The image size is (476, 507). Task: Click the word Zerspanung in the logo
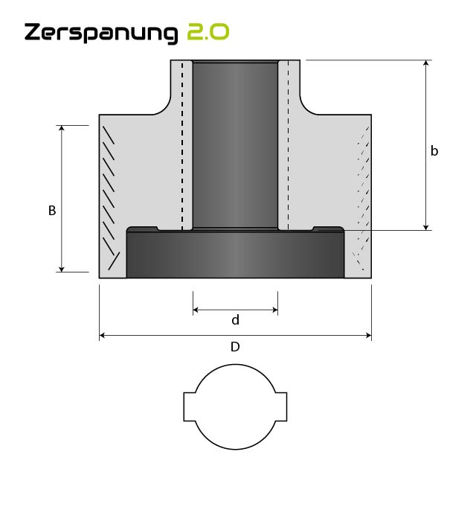pyautogui.click(x=101, y=33)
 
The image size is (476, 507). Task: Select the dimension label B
pyautogui.click(x=52, y=211)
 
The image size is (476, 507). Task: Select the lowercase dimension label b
pyautogui.click(x=434, y=151)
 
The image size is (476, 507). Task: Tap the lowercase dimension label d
pyautogui.click(x=235, y=320)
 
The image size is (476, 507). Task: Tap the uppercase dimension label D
pyautogui.click(x=235, y=347)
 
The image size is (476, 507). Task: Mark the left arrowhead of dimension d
pyautogui.click(x=196, y=310)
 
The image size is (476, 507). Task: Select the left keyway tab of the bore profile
pyautogui.click(x=190, y=406)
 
